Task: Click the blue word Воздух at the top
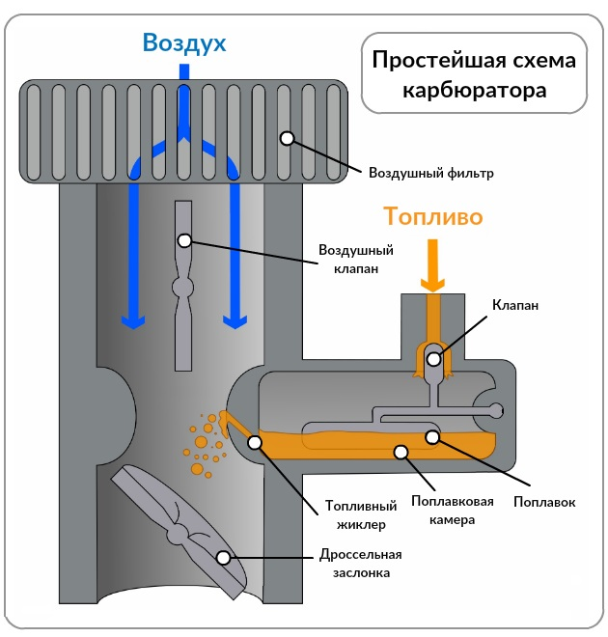(183, 42)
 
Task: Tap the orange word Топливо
(432, 215)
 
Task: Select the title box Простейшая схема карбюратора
(474, 75)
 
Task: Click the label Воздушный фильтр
(430, 174)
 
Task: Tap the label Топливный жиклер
(355, 515)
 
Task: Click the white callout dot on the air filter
(287, 138)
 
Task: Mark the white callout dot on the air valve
(183, 239)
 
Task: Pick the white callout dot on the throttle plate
(223, 557)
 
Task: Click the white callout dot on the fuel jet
(255, 443)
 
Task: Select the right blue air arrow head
(233, 320)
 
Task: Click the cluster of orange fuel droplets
(205, 441)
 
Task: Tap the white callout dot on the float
(433, 436)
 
